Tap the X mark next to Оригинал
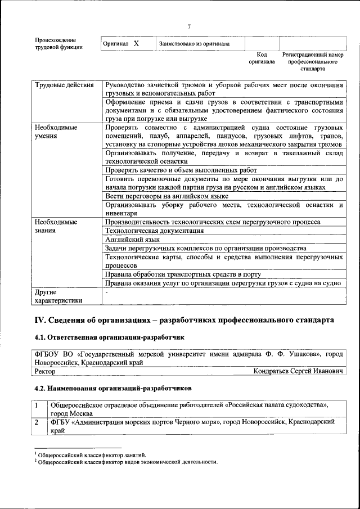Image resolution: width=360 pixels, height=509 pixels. tap(136, 43)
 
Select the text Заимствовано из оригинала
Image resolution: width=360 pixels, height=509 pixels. tap(193, 44)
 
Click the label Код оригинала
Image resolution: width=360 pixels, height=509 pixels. tap(262, 58)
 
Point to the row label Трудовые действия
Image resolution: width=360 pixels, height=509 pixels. tap(65, 85)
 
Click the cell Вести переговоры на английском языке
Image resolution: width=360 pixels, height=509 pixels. tap(166, 196)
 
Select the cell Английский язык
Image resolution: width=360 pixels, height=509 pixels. tap(129, 239)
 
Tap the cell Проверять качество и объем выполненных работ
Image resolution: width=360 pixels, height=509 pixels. tap(181, 170)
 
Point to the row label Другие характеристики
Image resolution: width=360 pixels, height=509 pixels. tap(58, 296)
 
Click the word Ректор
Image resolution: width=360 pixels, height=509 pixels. tap(45, 371)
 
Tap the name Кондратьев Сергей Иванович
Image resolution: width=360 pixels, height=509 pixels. tap(299, 371)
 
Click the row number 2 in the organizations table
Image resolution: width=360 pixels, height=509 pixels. tap(37, 421)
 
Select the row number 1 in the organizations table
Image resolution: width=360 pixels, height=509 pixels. tap(37, 406)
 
